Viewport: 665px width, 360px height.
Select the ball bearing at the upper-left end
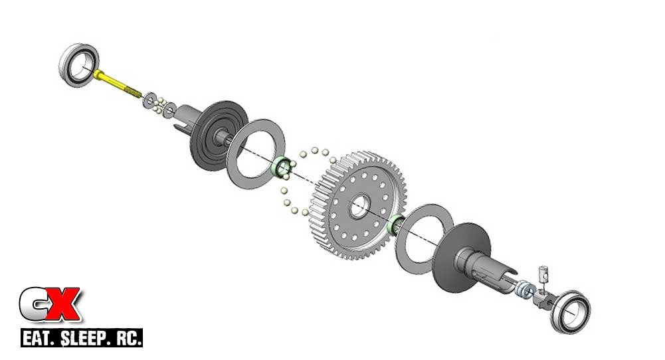[78, 64]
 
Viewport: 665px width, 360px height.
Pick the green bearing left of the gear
[283, 167]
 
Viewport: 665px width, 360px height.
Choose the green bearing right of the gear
[396, 226]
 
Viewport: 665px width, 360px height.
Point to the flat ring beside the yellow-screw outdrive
[256, 153]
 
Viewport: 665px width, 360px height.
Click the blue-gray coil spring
[524, 290]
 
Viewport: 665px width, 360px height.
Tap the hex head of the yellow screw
[97, 74]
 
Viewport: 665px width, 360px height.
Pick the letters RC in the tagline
[126, 337]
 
